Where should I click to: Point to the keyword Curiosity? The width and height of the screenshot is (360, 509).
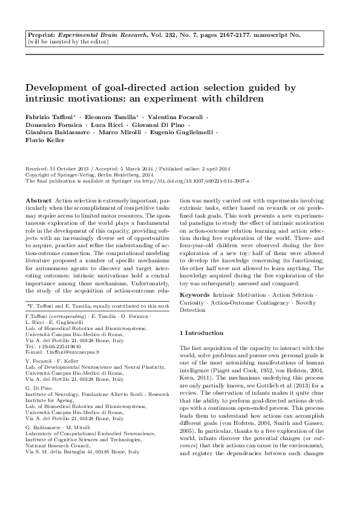click(x=194, y=302)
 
